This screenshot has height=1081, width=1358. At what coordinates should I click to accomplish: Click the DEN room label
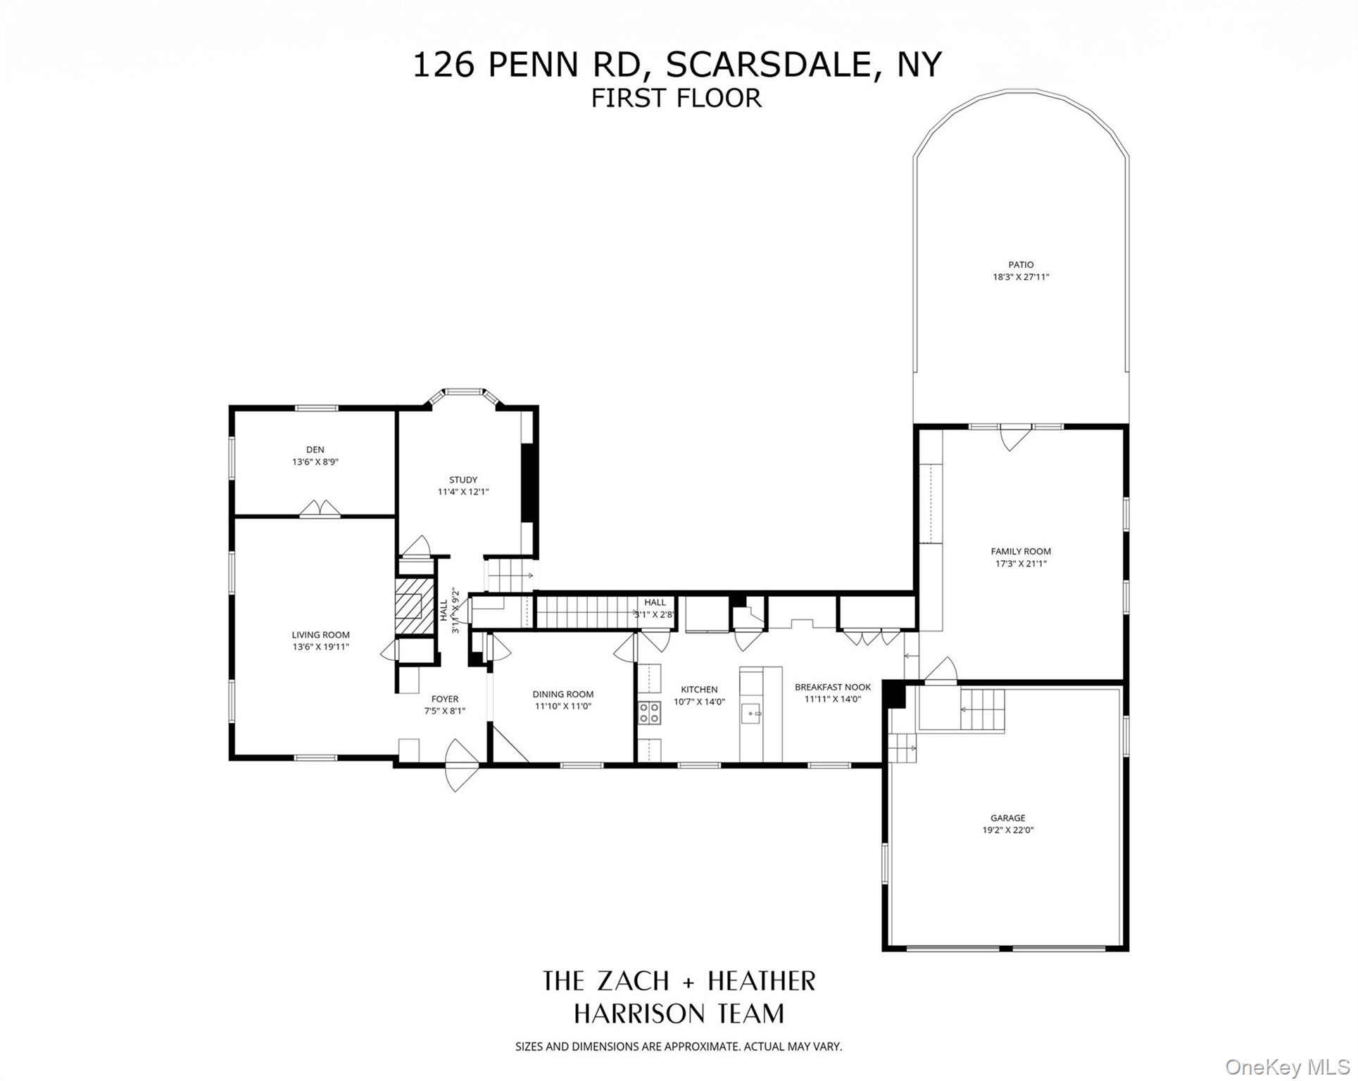point(315,450)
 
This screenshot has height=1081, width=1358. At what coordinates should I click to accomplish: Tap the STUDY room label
point(463,480)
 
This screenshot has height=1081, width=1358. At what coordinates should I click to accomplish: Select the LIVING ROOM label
point(320,635)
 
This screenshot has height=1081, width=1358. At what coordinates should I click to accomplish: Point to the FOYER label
point(445,699)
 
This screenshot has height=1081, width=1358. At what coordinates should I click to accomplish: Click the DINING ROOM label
point(563,694)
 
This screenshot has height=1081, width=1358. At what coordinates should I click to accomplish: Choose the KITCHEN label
point(699,690)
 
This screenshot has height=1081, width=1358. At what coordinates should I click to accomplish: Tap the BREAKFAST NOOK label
point(833,687)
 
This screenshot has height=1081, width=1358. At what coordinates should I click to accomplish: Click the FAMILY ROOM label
point(1021,552)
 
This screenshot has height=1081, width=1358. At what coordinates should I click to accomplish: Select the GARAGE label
point(1008,818)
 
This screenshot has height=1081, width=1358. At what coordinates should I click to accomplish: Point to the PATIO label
point(1021,265)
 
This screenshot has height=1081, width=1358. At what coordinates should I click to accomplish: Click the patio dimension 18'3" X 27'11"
point(1021,277)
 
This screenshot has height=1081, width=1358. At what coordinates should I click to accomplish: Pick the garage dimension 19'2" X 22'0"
point(1008,830)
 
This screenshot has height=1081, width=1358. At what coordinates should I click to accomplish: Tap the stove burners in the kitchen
point(650,712)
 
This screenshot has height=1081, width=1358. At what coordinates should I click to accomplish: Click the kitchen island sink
point(752,714)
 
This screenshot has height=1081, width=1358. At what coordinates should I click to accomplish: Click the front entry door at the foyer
point(461,765)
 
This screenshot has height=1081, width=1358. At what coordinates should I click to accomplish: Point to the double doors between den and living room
point(320,510)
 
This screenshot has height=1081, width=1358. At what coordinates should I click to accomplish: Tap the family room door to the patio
point(1010,438)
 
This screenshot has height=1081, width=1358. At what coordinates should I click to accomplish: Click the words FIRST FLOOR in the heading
point(676,99)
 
